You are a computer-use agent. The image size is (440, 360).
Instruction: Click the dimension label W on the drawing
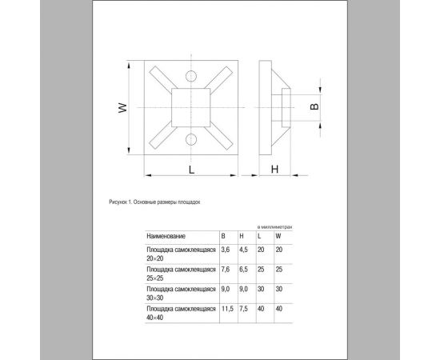pos(122,110)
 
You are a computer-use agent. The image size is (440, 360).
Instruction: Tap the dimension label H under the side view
pos(274,170)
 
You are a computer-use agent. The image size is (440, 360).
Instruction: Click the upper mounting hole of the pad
pos(190,77)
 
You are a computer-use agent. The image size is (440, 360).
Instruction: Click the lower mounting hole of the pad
pos(190,140)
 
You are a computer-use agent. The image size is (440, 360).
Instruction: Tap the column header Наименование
pos(166,236)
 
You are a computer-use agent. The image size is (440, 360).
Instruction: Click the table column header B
pos(223,236)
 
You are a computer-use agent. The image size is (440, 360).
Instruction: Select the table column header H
pos(242,236)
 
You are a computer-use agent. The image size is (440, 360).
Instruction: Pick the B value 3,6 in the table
pos(225,250)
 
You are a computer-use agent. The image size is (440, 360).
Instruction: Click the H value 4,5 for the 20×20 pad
pos(243,250)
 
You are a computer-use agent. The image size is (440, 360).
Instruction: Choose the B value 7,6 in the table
pos(225,270)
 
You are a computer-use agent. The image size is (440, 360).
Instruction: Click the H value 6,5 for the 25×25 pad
pos(243,270)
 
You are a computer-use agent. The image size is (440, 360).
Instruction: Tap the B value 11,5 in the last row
pos(226,308)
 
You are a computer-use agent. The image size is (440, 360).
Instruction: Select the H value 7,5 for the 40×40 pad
pos(243,308)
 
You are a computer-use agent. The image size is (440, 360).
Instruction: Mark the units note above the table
pos(274,226)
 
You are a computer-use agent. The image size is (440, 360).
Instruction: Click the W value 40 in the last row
pos(279,308)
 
